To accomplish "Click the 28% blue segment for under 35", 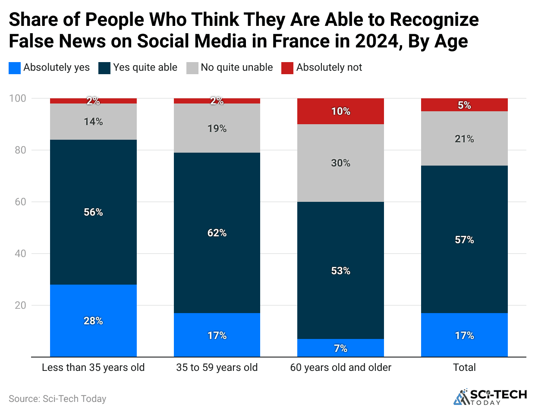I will pyautogui.click(x=93, y=320).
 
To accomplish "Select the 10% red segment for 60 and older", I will pyautogui.click(x=340, y=111).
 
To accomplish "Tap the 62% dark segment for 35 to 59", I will pyautogui.click(x=217, y=233).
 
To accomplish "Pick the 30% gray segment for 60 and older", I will pyautogui.click(x=340, y=163).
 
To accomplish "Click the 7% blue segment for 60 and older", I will pyautogui.click(x=340, y=348).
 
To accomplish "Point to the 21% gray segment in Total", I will pyautogui.click(x=464, y=138).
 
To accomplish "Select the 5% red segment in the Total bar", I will pyautogui.click(x=464, y=105).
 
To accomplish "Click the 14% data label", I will pyautogui.click(x=93, y=122).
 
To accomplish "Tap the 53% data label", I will pyautogui.click(x=340, y=271).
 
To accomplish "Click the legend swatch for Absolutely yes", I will pyautogui.click(x=15, y=68).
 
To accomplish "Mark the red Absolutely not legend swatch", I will pyautogui.click(x=287, y=68).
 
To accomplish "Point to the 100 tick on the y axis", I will pyautogui.click(x=18, y=98).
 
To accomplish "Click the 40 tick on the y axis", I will pyautogui.click(x=20, y=254).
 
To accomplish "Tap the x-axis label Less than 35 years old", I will pyautogui.click(x=93, y=367).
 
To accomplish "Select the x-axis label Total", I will pyautogui.click(x=464, y=367).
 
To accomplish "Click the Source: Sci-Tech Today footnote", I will pyautogui.click(x=57, y=399).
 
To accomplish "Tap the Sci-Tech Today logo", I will pyautogui.click(x=490, y=397).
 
